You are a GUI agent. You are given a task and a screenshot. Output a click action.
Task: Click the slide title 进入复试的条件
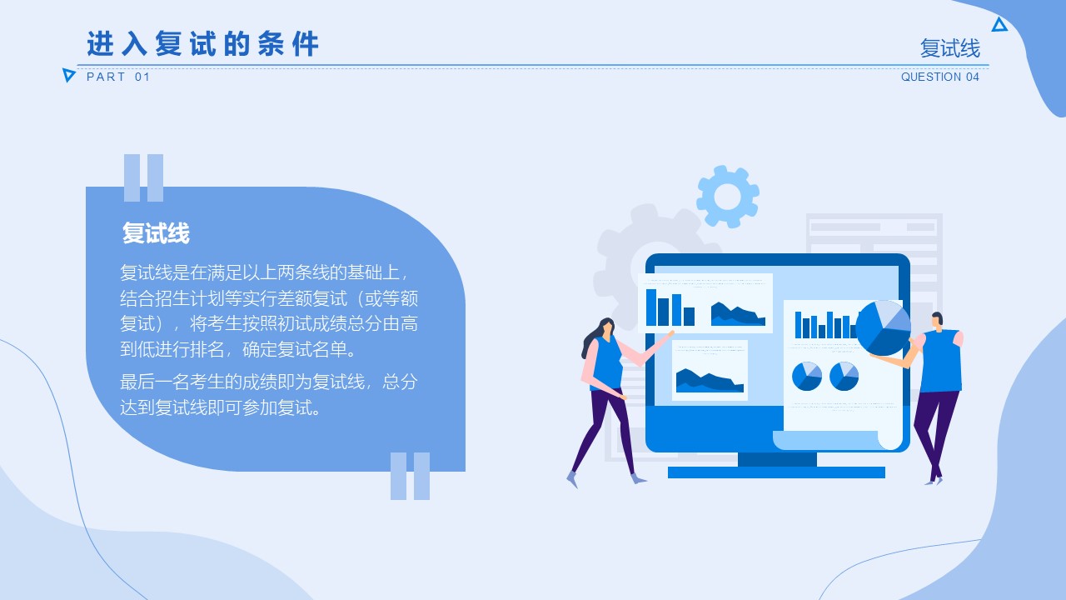[202, 44]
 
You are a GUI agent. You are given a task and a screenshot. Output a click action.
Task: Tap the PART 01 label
[118, 77]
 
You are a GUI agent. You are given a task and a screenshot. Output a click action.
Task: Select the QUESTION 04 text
[940, 77]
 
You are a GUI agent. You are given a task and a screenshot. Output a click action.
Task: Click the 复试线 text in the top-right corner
[950, 48]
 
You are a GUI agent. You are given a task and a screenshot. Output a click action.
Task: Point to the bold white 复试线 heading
[156, 232]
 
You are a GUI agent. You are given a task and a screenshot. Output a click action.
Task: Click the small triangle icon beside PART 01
[68, 75]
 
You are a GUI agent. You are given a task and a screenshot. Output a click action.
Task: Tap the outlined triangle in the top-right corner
[999, 24]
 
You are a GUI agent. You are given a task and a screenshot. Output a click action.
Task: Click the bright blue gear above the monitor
[728, 196]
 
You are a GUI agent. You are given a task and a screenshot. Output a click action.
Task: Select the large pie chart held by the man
[884, 328]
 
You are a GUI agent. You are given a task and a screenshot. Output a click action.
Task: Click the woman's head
[606, 327]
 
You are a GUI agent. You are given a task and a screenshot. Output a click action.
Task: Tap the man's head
[937, 321]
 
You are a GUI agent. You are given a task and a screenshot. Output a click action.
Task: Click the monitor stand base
[776, 472]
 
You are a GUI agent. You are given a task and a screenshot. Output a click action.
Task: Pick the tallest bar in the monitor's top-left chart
[651, 307]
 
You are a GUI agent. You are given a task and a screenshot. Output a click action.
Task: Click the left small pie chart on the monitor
[807, 376]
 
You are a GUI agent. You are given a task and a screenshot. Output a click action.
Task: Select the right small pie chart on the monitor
[844, 376]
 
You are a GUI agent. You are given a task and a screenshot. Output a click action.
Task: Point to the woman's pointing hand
[670, 334]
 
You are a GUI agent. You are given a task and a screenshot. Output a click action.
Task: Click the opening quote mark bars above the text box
[144, 177]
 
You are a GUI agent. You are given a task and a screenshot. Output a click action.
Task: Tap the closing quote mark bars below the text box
[411, 476]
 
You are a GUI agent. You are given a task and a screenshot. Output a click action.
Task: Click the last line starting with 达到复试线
[221, 407]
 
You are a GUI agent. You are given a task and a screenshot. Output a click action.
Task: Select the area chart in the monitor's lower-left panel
[710, 381]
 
